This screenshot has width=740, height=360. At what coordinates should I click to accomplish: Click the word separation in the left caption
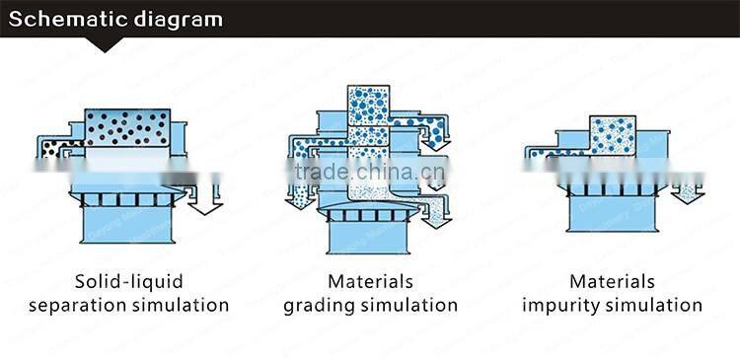point(82,305)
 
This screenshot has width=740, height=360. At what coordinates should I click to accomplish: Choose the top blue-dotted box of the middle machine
point(370,107)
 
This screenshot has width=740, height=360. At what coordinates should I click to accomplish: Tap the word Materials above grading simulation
point(370,282)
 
